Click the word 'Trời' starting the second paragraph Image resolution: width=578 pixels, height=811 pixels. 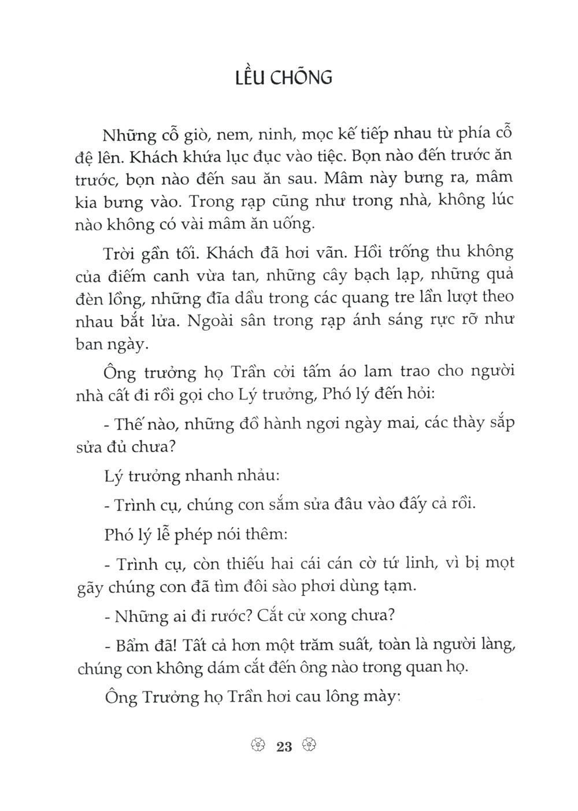(119, 254)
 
